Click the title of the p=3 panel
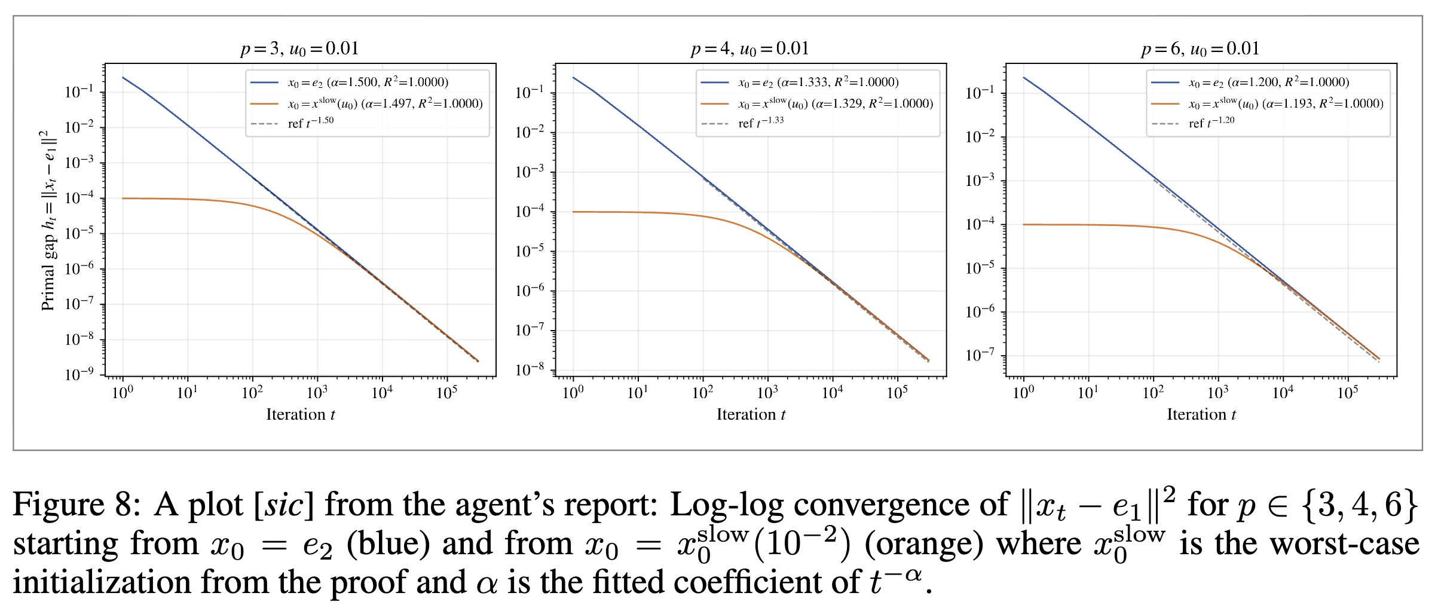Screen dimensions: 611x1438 click(x=300, y=48)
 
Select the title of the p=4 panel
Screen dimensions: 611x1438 click(x=750, y=48)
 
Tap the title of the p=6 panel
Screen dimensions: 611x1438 click(x=1200, y=48)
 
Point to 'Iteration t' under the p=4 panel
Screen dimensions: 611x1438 click(x=751, y=414)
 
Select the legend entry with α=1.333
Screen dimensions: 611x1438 click(x=818, y=82)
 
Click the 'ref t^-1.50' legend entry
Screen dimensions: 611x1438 click(x=310, y=123)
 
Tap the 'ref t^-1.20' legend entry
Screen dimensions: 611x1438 click(x=1211, y=123)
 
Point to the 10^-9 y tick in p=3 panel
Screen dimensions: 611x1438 click(x=79, y=374)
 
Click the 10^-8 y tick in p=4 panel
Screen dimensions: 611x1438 click(x=530, y=369)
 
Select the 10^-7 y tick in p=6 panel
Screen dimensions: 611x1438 click(x=980, y=355)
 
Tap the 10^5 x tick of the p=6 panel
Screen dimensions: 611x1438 click(x=1348, y=393)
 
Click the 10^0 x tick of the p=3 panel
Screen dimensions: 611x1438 click(x=123, y=393)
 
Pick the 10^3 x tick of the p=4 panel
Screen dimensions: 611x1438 click(x=767, y=393)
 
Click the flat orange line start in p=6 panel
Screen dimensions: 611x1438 click(x=1024, y=224)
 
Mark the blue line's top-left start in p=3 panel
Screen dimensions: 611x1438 click(x=123, y=78)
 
